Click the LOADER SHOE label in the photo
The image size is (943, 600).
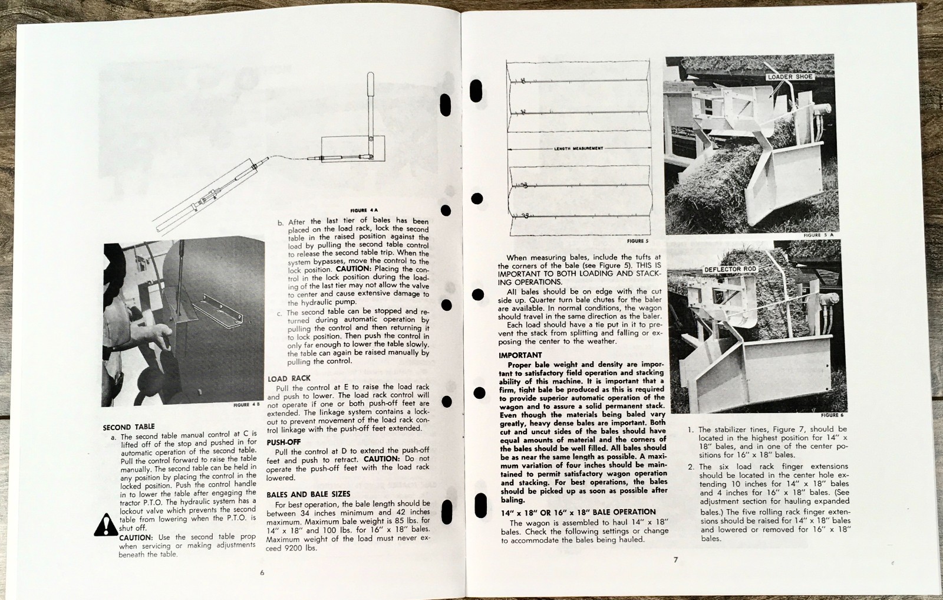[x=790, y=77]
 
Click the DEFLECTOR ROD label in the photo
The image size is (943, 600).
[x=730, y=269]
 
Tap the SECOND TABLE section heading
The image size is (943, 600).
[x=128, y=427]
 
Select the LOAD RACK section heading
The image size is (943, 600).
[x=289, y=378]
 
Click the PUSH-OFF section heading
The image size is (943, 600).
[x=283, y=441]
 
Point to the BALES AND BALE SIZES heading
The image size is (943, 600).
[x=308, y=494]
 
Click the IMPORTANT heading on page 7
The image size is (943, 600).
[x=520, y=355]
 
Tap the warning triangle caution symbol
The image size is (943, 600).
[x=106, y=524]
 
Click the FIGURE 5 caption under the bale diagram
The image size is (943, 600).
[x=638, y=241]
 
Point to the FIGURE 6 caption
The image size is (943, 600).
[x=833, y=415]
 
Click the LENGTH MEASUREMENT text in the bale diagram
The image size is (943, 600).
[x=578, y=148]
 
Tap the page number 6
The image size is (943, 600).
[x=262, y=572]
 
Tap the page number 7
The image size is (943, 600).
[x=676, y=559]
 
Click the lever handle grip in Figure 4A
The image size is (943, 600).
[x=370, y=86]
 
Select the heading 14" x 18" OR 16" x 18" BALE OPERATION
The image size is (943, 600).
[x=577, y=512]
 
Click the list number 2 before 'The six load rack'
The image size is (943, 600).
[x=691, y=467]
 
